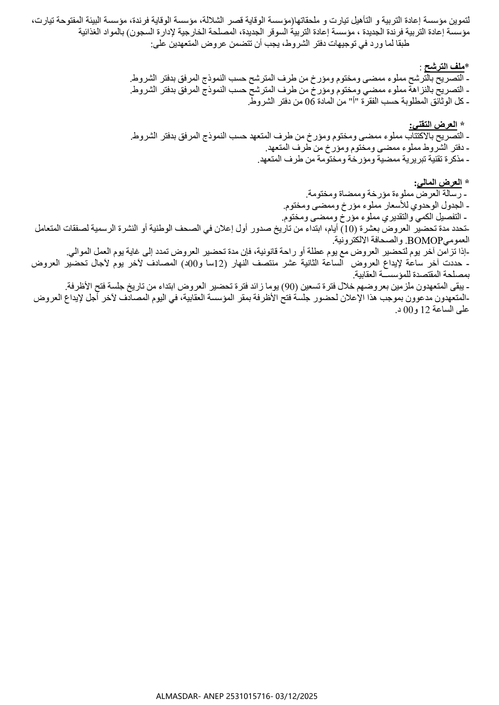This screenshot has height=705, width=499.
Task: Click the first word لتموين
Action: [x=460, y=20]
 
